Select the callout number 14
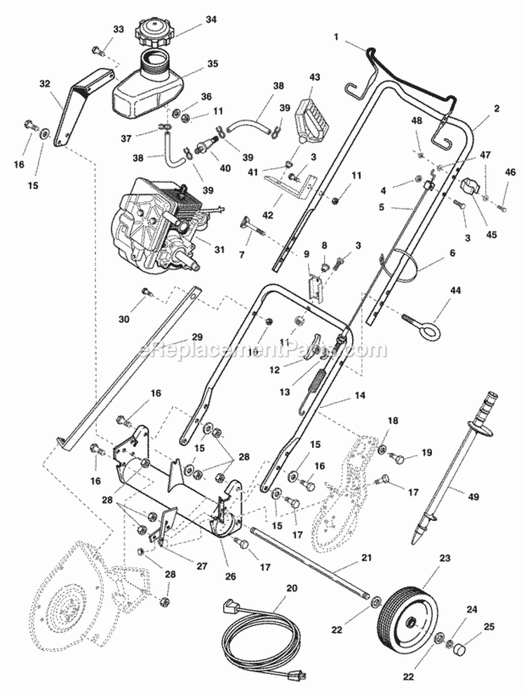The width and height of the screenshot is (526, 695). point(360,397)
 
